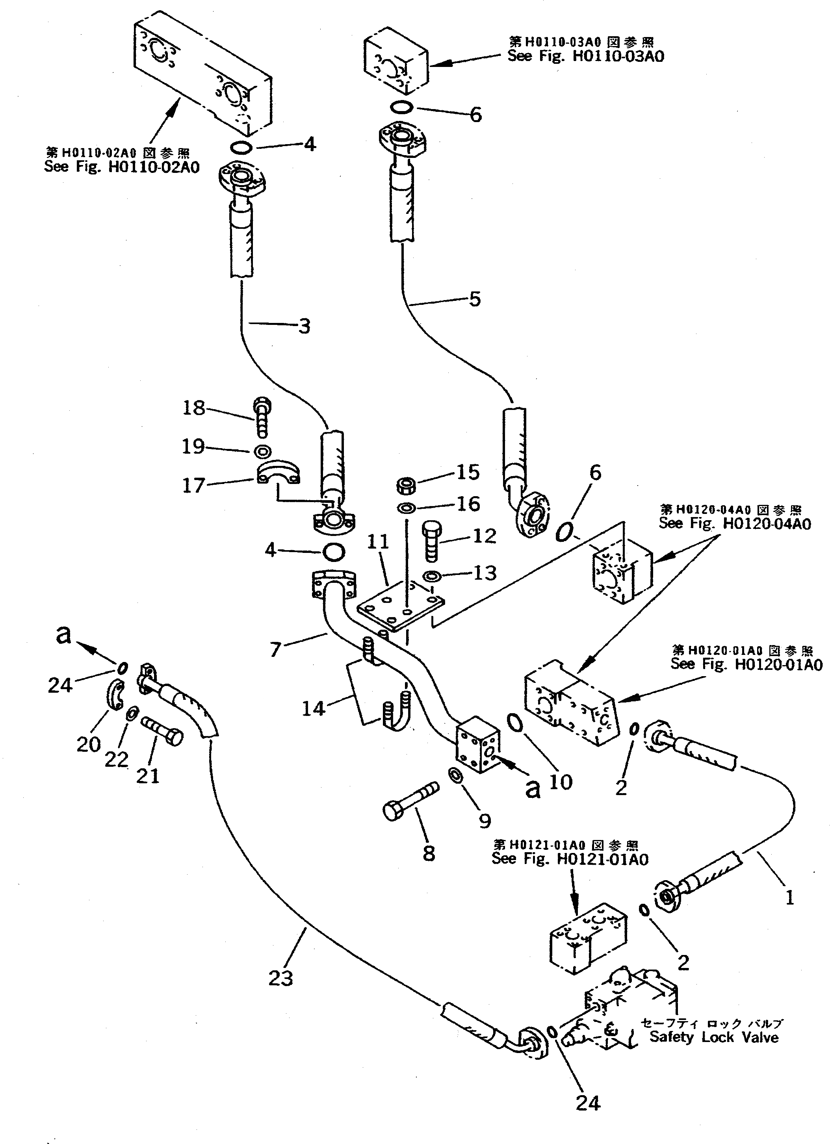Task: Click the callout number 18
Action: click(x=193, y=408)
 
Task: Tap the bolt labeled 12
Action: click(x=431, y=541)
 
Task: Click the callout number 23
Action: click(x=280, y=979)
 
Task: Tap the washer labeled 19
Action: click(x=263, y=451)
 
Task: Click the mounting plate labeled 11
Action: click(x=401, y=604)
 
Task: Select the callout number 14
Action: click(x=313, y=709)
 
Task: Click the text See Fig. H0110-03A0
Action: click(x=585, y=56)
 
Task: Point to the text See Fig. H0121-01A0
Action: click(x=570, y=859)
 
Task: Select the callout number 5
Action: click(x=475, y=299)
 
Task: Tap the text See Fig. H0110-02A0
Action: click(x=122, y=167)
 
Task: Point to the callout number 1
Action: click(x=790, y=897)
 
